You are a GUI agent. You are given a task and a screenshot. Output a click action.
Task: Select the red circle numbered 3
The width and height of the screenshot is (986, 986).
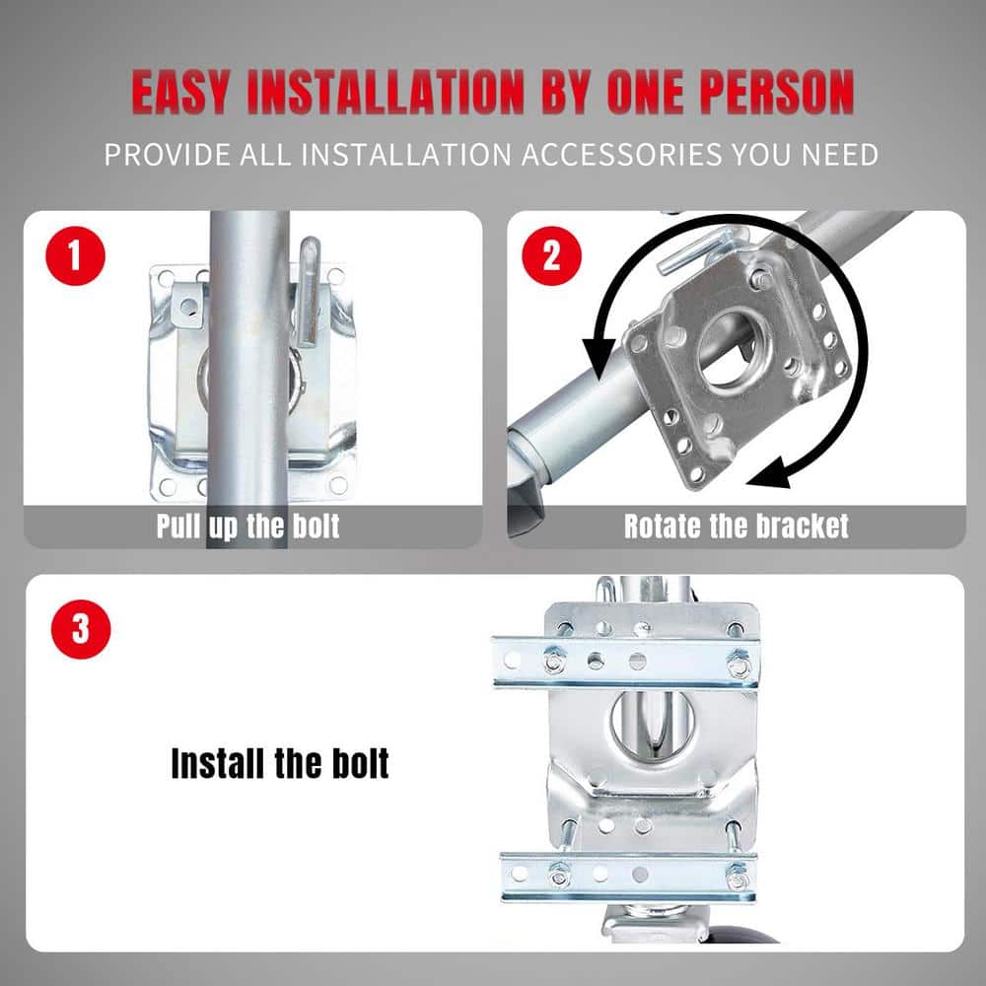(x=78, y=628)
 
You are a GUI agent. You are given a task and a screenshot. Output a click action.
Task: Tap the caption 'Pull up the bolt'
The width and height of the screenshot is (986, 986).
(x=247, y=526)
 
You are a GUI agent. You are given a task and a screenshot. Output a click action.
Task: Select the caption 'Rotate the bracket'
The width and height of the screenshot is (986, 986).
(x=736, y=526)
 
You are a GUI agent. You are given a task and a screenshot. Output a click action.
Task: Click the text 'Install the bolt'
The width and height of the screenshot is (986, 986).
(x=280, y=763)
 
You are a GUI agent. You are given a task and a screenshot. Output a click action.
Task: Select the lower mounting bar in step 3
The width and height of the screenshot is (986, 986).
(x=628, y=875)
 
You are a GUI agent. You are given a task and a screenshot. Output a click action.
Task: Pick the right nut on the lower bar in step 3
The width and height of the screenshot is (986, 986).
(x=736, y=875)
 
